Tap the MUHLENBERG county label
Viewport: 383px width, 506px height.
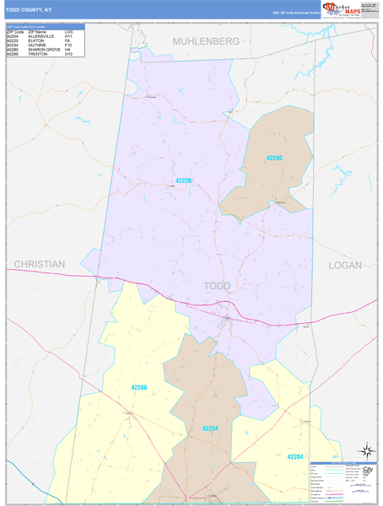pyautogui.click(x=207, y=40)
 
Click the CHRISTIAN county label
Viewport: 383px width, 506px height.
pyautogui.click(x=39, y=264)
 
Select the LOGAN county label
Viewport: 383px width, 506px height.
pyautogui.click(x=345, y=265)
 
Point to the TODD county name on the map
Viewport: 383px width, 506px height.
pyautogui.click(x=218, y=286)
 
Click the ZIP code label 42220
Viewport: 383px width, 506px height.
pyautogui.click(x=184, y=180)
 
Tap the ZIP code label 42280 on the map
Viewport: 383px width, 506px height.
pyautogui.click(x=273, y=159)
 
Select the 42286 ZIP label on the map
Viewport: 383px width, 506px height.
pyautogui.click(x=139, y=387)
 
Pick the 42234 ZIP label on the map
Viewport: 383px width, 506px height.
pyautogui.click(x=210, y=428)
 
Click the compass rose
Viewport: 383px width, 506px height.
pyautogui.click(x=367, y=450)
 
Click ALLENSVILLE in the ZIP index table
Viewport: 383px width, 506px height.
pyautogui.click(x=43, y=37)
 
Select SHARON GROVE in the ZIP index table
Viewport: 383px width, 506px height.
pyautogui.click(x=45, y=50)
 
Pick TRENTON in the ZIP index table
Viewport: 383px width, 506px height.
pyautogui.click(x=38, y=54)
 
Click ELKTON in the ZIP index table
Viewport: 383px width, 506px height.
pyautogui.click(x=36, y=41)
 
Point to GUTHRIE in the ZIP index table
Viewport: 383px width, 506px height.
pyautogui.click(x=38, y=46)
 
